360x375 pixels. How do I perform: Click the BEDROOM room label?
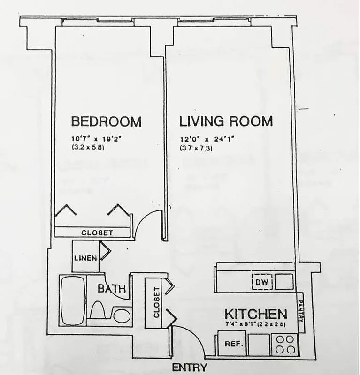106,122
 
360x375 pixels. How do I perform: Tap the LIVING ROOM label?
226,121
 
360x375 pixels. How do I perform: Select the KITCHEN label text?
255,314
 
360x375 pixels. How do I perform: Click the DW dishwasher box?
261,282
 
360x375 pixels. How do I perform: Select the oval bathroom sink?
121,315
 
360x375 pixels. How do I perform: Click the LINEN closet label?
85,258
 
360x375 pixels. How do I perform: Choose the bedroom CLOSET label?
97,232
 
